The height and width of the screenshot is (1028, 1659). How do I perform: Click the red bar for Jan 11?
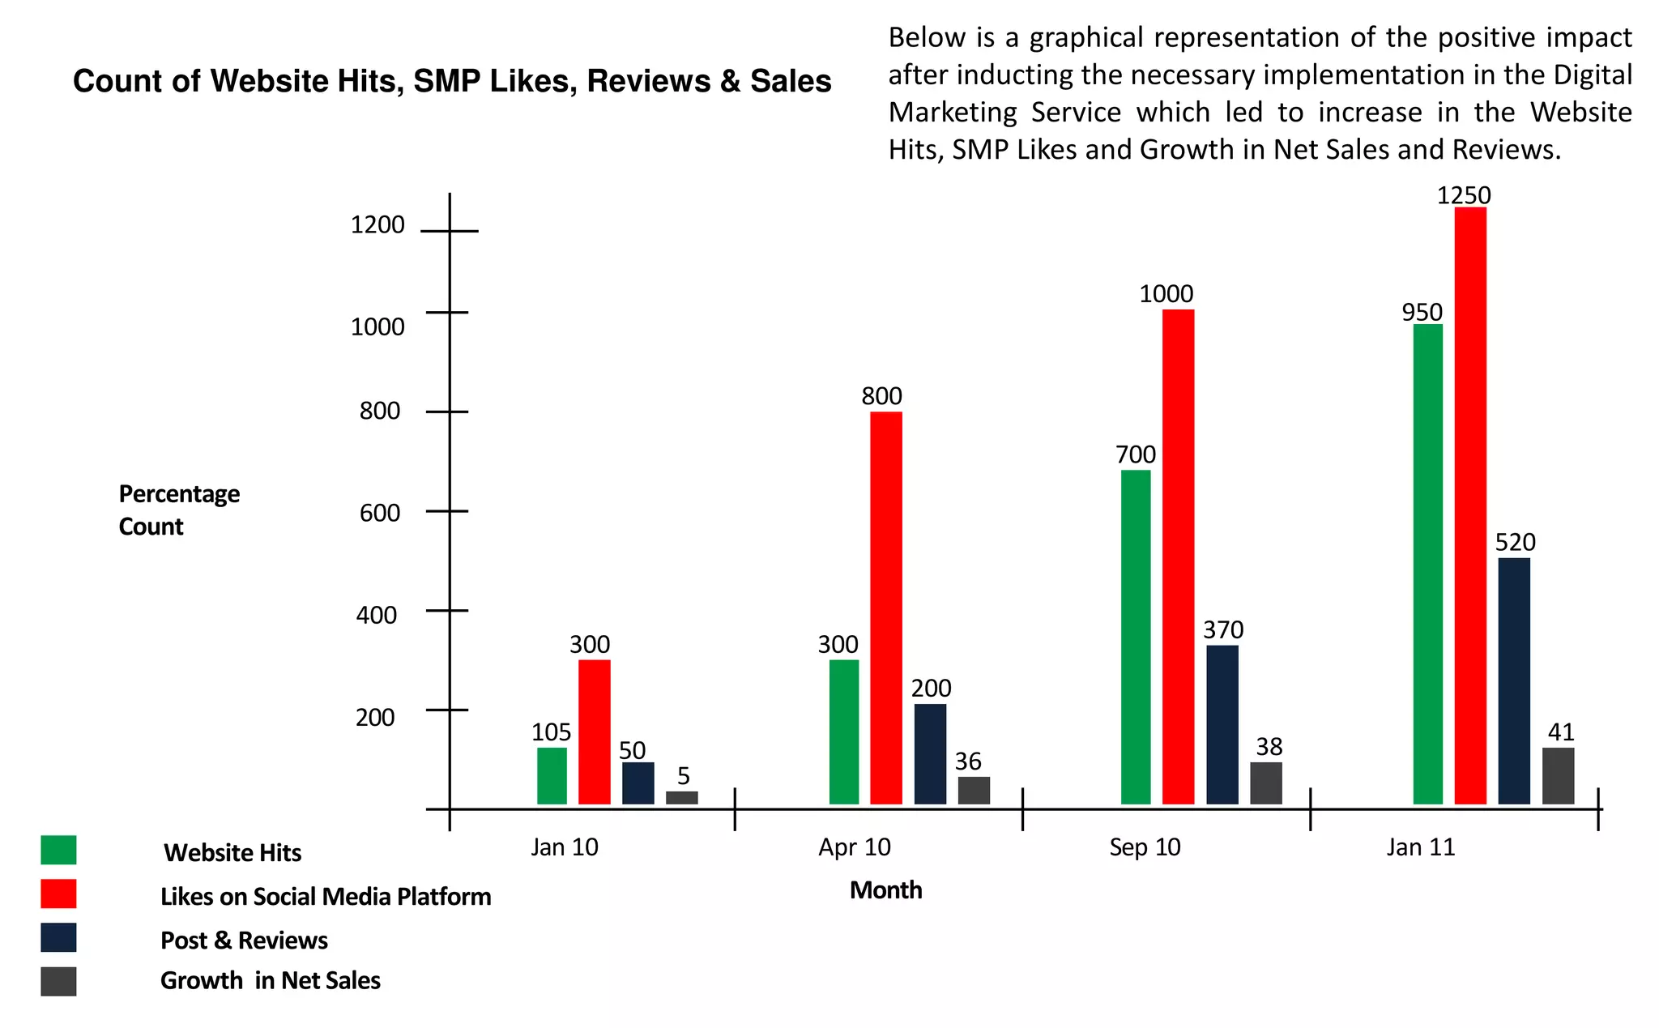point(1469,505)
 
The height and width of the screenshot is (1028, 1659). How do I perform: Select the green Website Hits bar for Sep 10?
point(1135,637)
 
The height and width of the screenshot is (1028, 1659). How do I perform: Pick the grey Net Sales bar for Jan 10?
point(681,797)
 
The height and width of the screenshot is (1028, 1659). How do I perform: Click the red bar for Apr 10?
point(885,608)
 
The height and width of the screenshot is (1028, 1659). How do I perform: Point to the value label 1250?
point(1463,195)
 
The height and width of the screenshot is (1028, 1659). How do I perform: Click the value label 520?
point(1515,542)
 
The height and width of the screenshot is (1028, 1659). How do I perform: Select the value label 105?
point(551,732)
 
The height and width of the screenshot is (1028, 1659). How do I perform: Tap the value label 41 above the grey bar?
point(1560,732)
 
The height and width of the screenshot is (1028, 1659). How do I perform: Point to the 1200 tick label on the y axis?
point(377,224)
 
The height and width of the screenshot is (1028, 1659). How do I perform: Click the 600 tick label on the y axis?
point(379,513)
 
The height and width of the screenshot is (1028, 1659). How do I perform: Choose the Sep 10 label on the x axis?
point(1144,847)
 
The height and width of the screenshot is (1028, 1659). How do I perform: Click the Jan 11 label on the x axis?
point(1420,847)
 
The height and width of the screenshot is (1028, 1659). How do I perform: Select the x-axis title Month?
point(885,890)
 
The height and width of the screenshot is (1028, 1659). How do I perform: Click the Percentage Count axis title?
point(179,510)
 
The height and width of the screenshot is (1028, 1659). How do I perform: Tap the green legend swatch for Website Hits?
point(58,851)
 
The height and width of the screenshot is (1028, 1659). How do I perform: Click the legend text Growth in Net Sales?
point(270,981)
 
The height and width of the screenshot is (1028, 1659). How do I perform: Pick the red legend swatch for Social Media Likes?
point(58,894)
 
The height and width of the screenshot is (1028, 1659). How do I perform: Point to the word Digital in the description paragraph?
point(1592,75)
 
